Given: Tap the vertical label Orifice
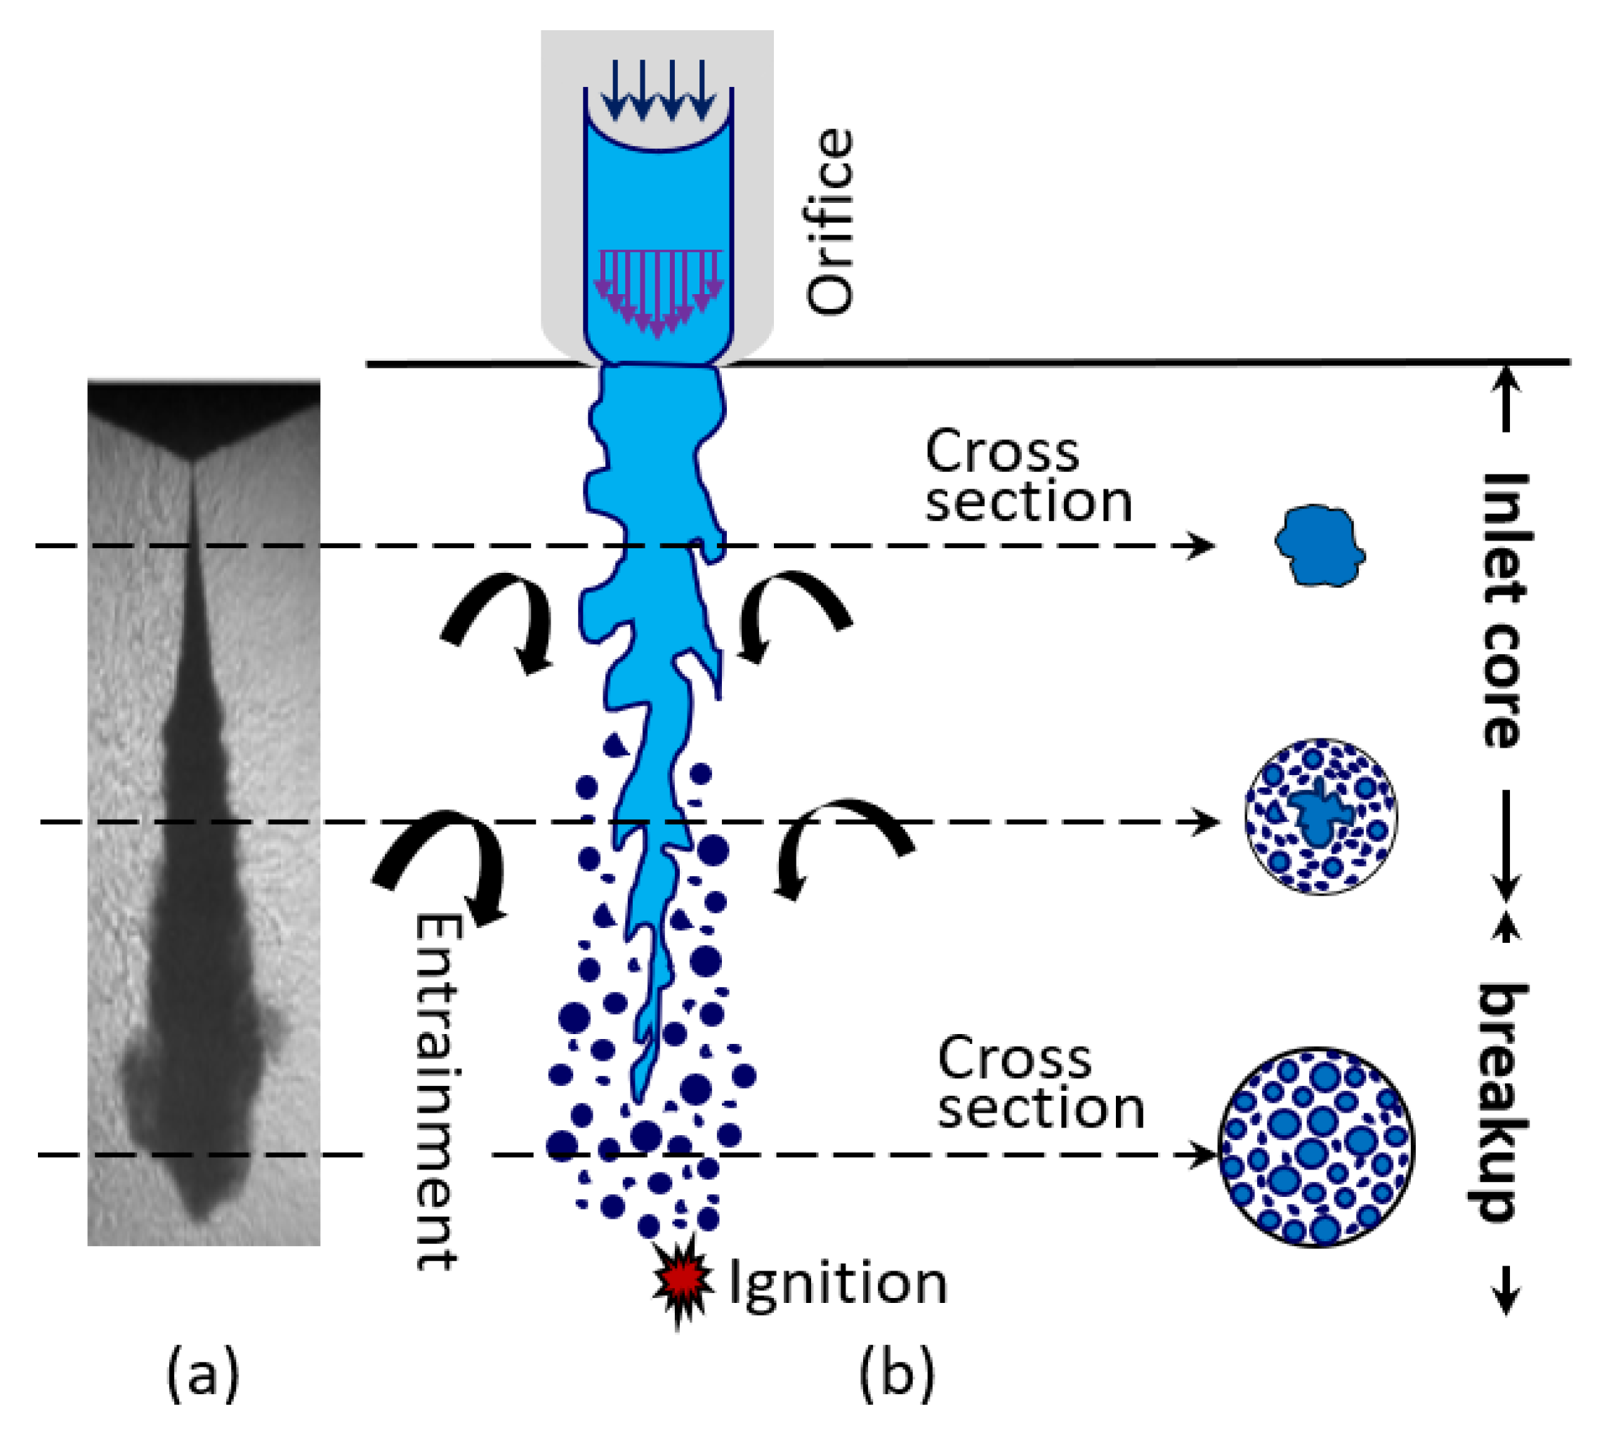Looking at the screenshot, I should coord(830,223).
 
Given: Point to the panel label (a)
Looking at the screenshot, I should coord(202,1371).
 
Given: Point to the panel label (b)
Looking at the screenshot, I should coord(897,1371).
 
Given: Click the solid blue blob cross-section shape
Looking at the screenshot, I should coord(1319,545).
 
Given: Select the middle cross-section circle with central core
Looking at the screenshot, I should coord(1320,816).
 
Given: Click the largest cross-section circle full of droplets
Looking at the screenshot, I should coord(1316,1148).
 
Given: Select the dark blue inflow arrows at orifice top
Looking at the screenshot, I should coord(659,91).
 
